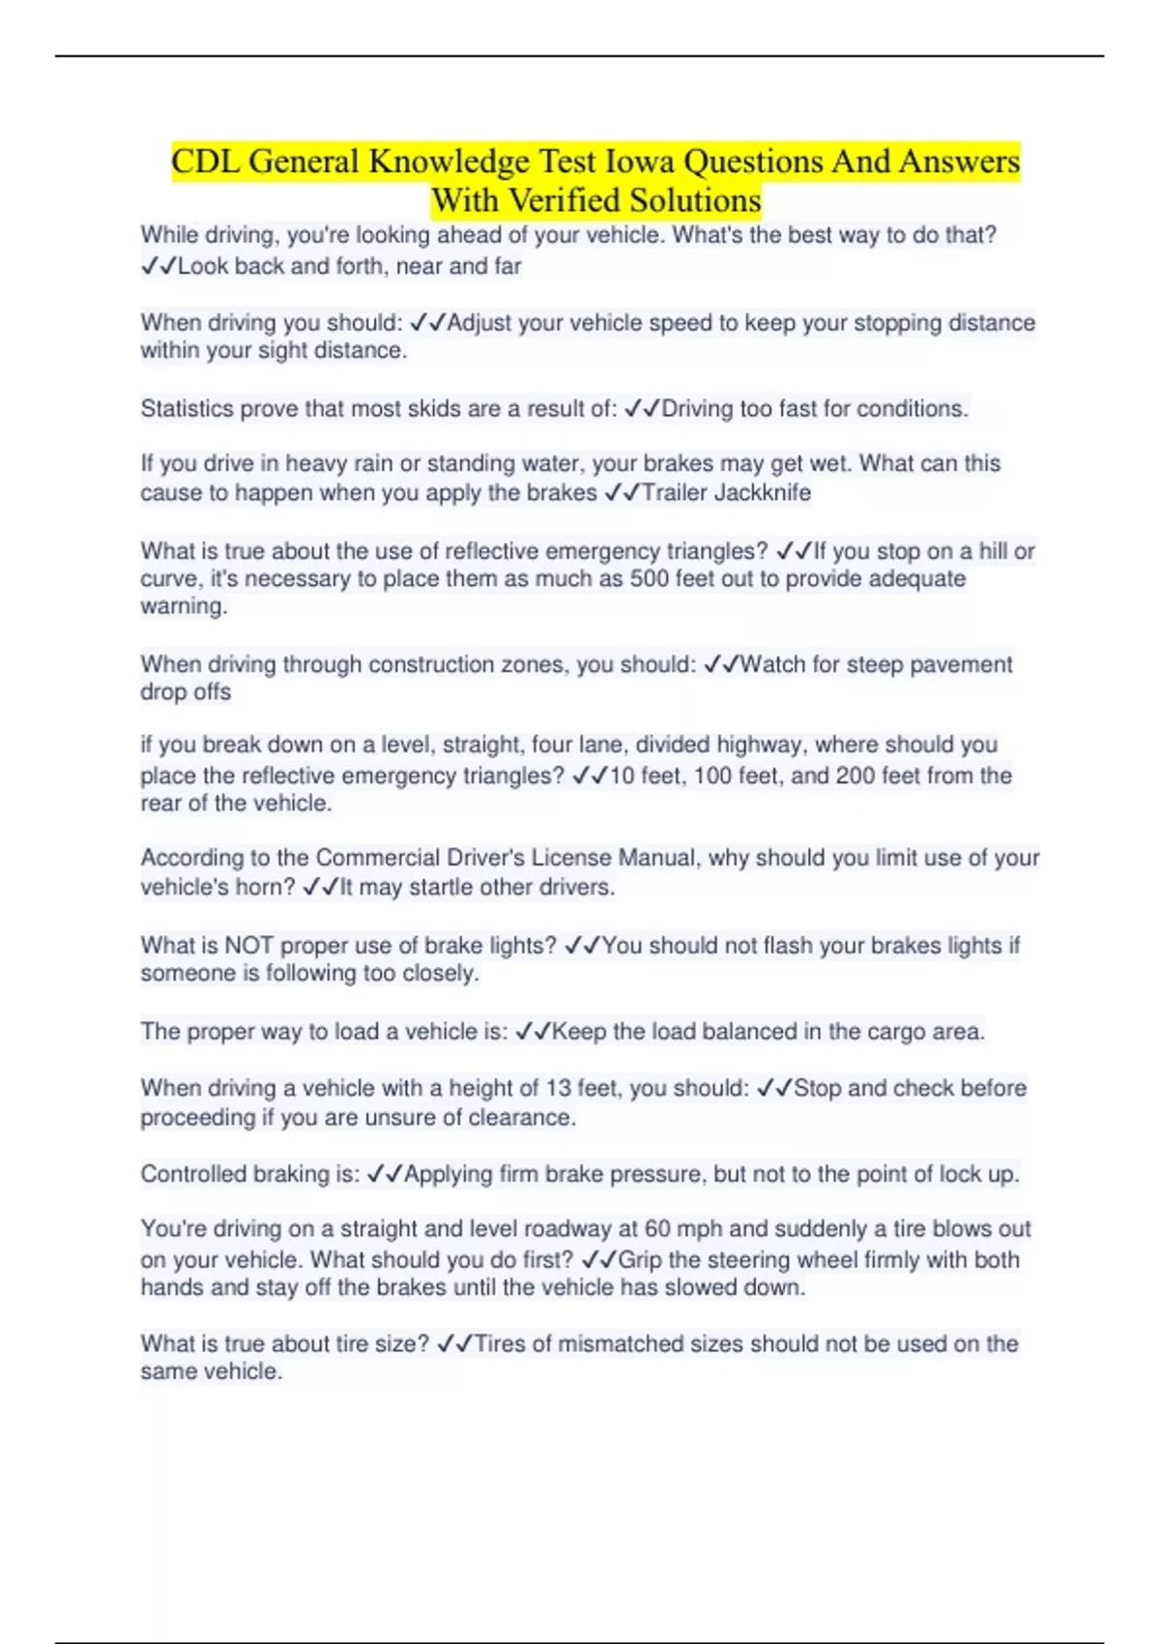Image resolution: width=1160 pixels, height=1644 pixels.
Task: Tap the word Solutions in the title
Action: click(695, 200)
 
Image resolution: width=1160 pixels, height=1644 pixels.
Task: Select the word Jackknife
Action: click(763, 493)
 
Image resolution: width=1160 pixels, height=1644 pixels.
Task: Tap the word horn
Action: click(266, 888)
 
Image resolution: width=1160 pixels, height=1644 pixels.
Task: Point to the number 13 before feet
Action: click(558, 1089)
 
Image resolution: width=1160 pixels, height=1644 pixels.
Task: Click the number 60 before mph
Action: click(657, 1229)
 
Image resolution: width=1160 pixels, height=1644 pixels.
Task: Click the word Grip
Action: click(639, 1260)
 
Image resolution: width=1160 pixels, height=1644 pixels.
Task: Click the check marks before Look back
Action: click(158, 267)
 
